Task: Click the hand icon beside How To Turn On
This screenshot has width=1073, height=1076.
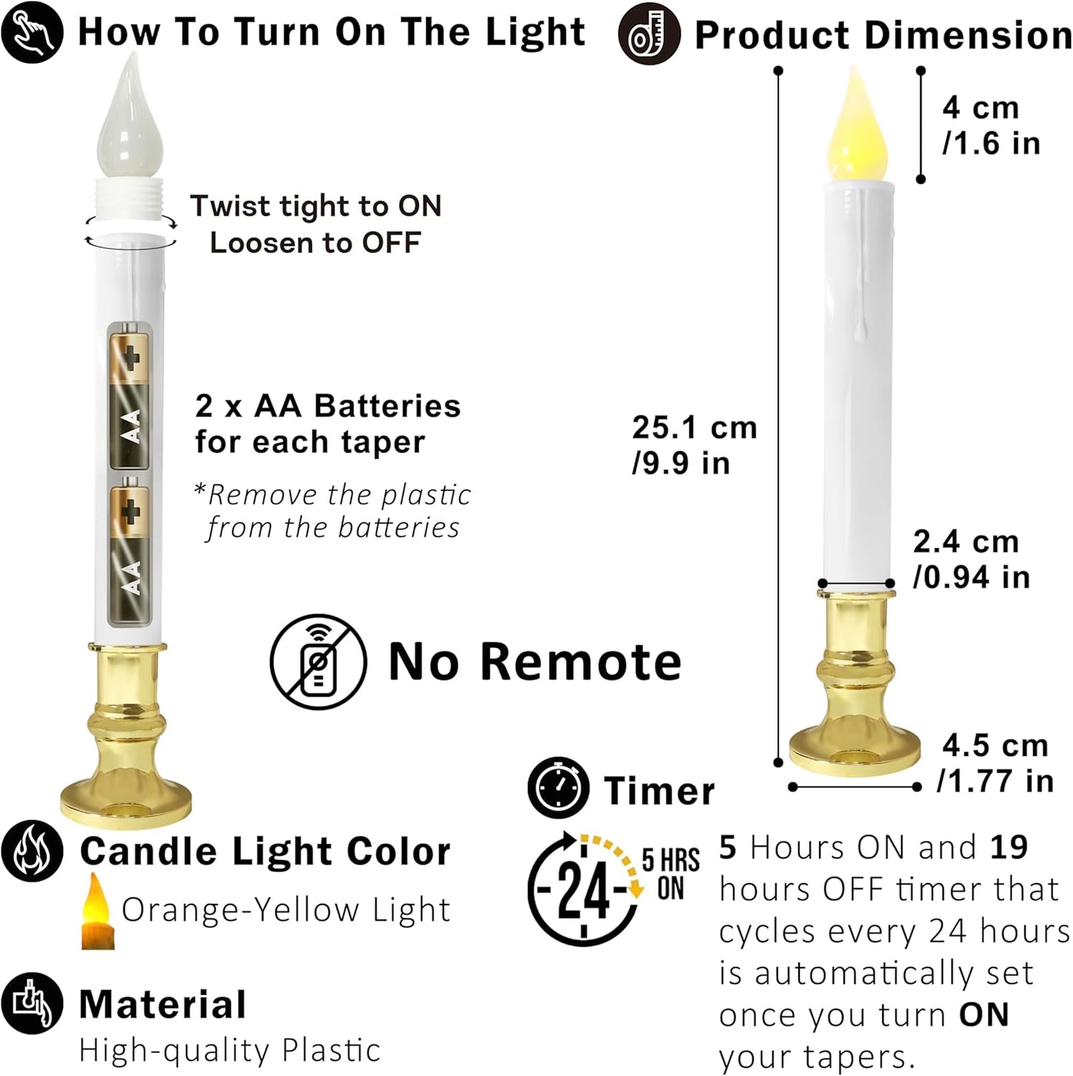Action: pyautogui.click(x=32, y=32)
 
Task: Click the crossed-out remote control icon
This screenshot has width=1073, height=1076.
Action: pyautogui.click(x=319, y=662)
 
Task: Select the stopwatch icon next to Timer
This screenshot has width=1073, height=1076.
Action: pyautogui.click(x=558, y=789)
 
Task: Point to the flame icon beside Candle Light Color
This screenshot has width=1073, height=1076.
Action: pyautogui.click(x=32, y=851)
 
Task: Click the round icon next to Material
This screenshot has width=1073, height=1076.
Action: pyautogui.click(x=32, y=1003)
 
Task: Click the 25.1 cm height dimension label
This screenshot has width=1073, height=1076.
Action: pyautogui.click(x=694, y=445)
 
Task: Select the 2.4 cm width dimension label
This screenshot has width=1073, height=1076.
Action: pyautogui.click(x=971, y=559)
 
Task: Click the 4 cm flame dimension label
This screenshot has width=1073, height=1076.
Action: pyautogui.click(x=991, y=125)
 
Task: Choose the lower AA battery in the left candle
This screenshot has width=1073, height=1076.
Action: pyautogui.click(x=130, y=550)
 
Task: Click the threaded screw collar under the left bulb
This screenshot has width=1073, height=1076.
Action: pyautogui.click(x=130, y=201)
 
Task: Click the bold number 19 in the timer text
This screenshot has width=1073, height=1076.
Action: pyautogui.click(x=1008, y=847)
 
